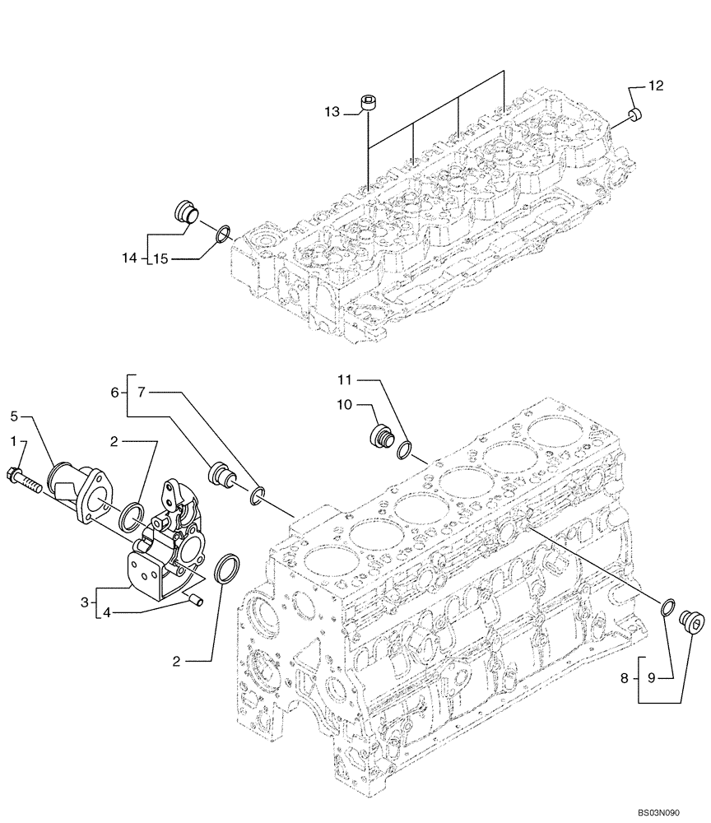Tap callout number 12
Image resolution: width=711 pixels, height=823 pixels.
pos(655,86)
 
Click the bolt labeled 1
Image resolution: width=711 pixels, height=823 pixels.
pos(25,476)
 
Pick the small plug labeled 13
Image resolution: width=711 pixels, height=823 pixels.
pos(370,103)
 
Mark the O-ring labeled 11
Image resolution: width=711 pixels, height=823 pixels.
pos(406,449)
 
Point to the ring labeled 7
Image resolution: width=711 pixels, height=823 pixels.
pos(258,494)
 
